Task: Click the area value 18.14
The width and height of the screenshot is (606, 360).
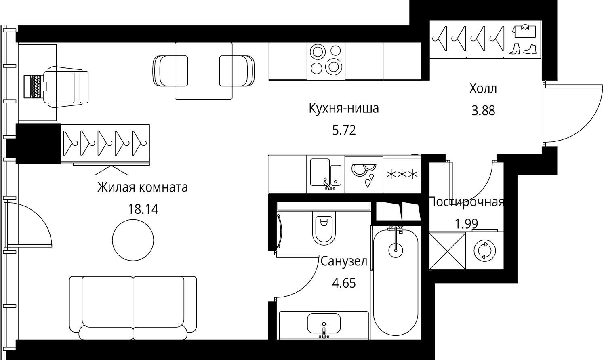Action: click(143, 209)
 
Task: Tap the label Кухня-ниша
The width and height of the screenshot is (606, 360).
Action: click(343, 108)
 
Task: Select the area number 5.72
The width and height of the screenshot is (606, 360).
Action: click(344, 131)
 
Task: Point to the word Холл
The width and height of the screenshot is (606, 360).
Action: click(483, 88)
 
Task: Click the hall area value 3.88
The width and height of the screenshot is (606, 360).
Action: click(483, 111)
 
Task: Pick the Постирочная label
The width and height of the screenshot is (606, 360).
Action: click(466, 202)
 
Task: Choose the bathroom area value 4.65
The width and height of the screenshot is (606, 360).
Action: click(344, 284)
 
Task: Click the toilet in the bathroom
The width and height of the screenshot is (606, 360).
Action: click(324, 228)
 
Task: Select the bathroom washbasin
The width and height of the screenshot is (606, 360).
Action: click(324, 324)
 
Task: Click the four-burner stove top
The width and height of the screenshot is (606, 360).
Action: click(326, 61)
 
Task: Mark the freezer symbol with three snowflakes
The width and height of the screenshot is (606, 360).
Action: click(402, 175)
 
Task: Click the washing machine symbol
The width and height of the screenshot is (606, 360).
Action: click(484, 251)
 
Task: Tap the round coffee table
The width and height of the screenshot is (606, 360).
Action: click(133, 240)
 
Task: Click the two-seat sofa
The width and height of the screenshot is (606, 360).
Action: click(133, 308)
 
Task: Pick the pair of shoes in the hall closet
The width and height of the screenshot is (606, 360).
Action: click(523, 49)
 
